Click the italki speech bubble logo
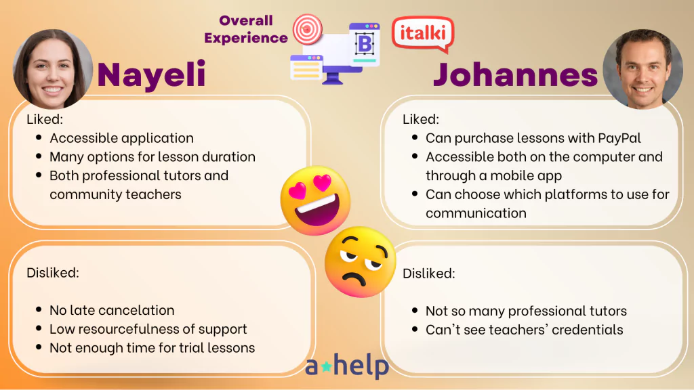pos(423,34)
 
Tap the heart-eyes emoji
pos(316,200)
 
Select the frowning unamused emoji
pos(360,262)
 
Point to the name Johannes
pos(515,74)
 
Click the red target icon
pos(307,29)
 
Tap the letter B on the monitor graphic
pos(365,44)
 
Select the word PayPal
pos(619,138)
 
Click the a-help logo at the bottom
pos(347,366)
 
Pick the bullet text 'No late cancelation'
pos(112,310)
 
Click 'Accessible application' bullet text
pos(122,138)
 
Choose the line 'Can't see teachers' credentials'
pos(525,330)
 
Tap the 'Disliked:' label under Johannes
pos(428,274)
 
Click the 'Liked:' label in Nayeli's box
pos(45,119)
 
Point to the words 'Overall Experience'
pos(246,29)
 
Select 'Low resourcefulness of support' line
pos(148,329)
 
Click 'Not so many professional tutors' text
pos(526,311)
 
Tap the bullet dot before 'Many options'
pos(39,156)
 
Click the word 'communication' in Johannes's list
pos(476,213)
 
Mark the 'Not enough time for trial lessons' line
pos(152,347)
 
